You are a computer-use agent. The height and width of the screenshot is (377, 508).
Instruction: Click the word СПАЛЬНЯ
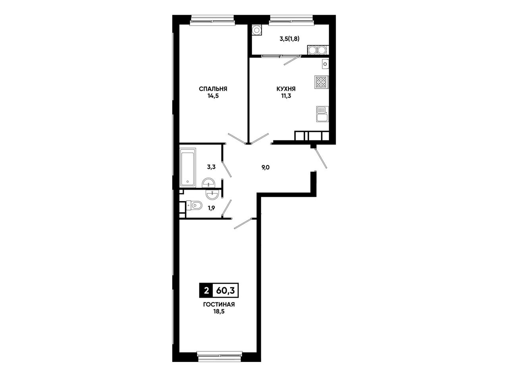(x=213, y=89)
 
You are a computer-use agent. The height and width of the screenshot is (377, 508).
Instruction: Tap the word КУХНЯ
(x=286, y=88)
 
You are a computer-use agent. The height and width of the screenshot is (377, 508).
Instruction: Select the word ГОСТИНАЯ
(x=219, y=304)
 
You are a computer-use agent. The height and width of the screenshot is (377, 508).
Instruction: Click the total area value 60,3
(x=225, y=290)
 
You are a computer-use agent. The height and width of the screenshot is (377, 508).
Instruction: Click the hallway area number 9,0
(x=266, y=167)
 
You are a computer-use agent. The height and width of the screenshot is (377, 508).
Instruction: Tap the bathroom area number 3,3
(x=211, y=167)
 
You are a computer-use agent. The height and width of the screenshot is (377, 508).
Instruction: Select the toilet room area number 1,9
(x=211, y=208)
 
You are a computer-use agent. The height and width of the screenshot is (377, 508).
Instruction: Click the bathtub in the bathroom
(x=188, y=167)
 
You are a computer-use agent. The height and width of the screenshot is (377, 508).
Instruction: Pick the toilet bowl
(x=194, y=205)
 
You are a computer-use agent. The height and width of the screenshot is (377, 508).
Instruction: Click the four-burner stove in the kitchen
(x=321, y=82)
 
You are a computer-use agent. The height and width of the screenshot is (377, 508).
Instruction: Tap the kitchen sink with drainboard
(x=322, y=114)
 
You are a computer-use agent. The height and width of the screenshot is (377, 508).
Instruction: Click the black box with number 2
(x=206, y=290)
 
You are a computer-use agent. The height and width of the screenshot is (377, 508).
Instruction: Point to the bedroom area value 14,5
(x=213, y=96)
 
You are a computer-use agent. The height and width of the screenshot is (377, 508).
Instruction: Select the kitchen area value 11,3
(x=286, y=96)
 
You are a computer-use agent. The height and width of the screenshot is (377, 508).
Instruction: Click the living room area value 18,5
(x=219, y=312)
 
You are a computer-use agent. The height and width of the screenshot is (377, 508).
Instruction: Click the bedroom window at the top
(x=212, y=19)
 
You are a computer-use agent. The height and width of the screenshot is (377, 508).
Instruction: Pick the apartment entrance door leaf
(x=321, y=158)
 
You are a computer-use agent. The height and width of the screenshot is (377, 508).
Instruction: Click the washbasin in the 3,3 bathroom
(x=208, y=183)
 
